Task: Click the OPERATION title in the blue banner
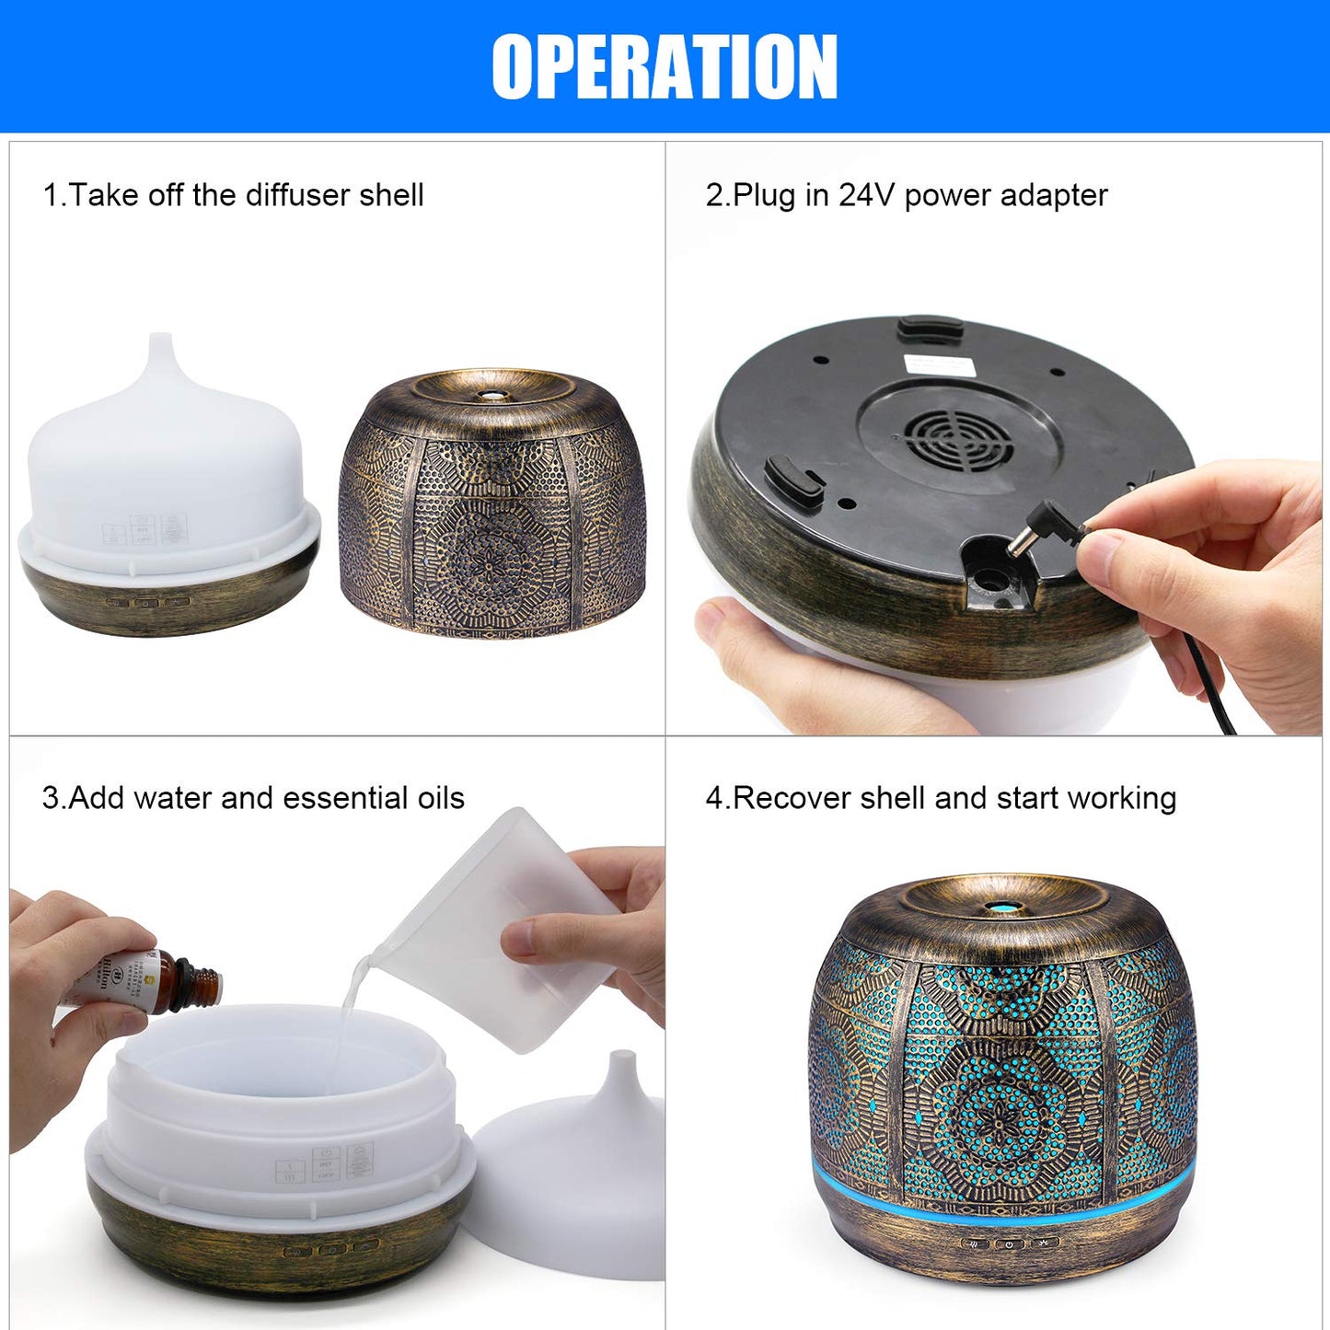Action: click(665, 66)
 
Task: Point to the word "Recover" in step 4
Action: click(792, 798)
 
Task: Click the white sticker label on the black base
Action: click(940, 364)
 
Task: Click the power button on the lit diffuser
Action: click(1010, 1243)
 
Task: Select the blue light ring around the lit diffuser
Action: click(1003, 1197)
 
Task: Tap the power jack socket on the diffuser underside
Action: click(992, 580)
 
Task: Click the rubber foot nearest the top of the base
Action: click(931, 327)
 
